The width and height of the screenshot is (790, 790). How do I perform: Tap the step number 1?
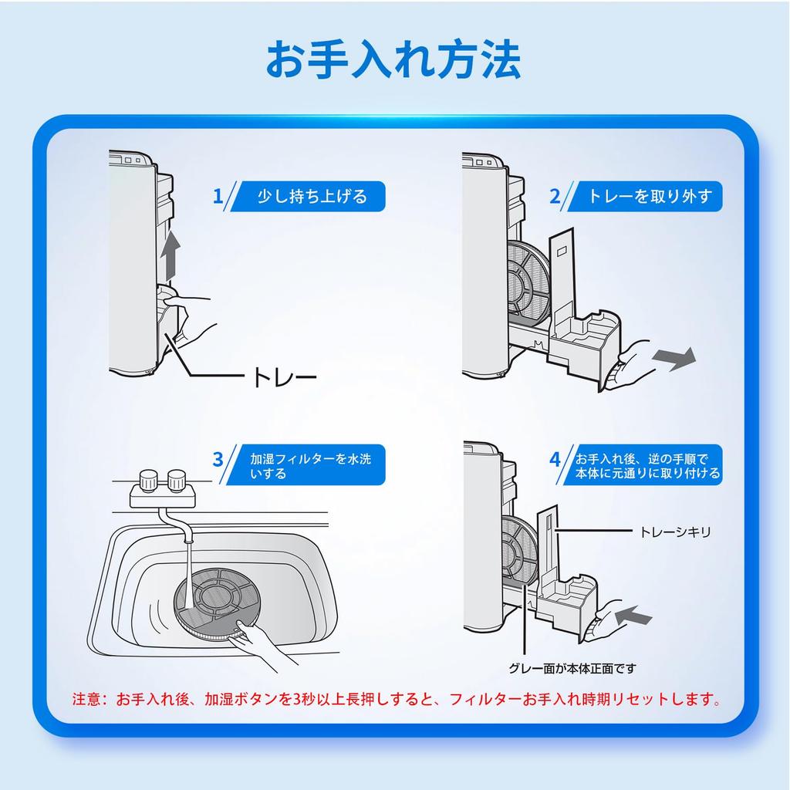[218, 196]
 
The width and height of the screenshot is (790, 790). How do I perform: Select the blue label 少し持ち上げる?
[312, 196]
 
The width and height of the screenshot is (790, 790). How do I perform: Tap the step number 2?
[554, 196]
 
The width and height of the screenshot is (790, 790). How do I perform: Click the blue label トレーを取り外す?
[650, 196]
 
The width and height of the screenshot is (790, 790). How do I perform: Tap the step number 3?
[218, 460]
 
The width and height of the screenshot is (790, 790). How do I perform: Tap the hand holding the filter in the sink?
[262, 645]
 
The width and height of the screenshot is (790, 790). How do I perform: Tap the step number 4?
[554, 460]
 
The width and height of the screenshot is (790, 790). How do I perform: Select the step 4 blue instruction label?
[647, 465]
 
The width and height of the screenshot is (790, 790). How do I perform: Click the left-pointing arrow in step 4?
[634, 615]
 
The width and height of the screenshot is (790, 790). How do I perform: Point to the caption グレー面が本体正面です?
[572, 668]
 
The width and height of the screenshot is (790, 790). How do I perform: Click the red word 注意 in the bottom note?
[86, 701]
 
